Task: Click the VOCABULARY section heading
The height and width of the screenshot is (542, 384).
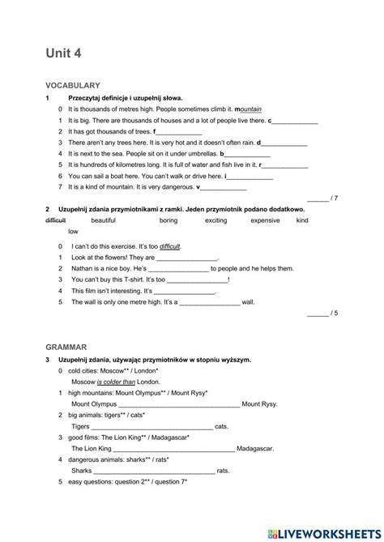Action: [x=72, y=84]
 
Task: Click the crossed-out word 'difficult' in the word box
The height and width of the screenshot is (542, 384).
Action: [x=56, y=220]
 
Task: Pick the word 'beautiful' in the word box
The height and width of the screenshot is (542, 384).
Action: [x=103, y=220]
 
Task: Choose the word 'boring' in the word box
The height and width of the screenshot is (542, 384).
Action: [x=168, y=220]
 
